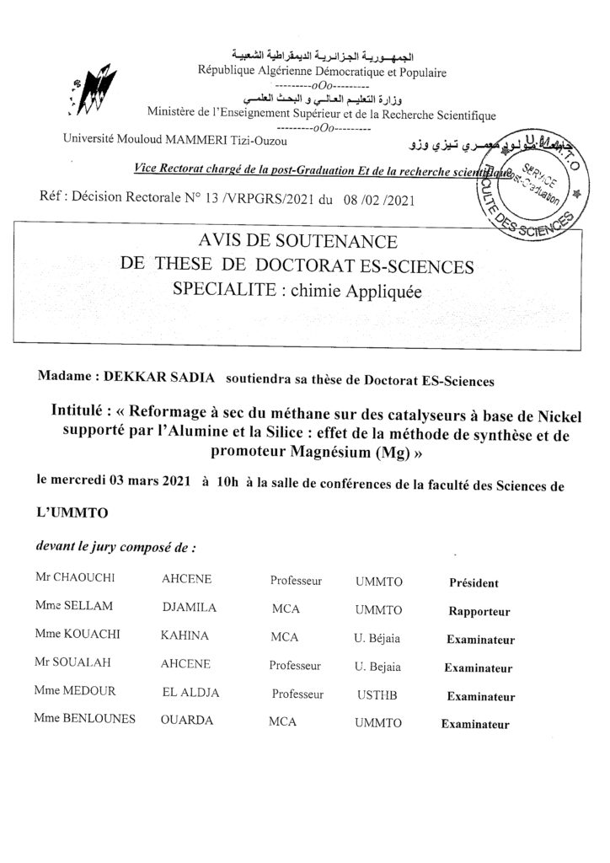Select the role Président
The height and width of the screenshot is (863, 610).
click(474, 582)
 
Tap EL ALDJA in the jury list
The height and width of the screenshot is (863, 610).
click(190, 695)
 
